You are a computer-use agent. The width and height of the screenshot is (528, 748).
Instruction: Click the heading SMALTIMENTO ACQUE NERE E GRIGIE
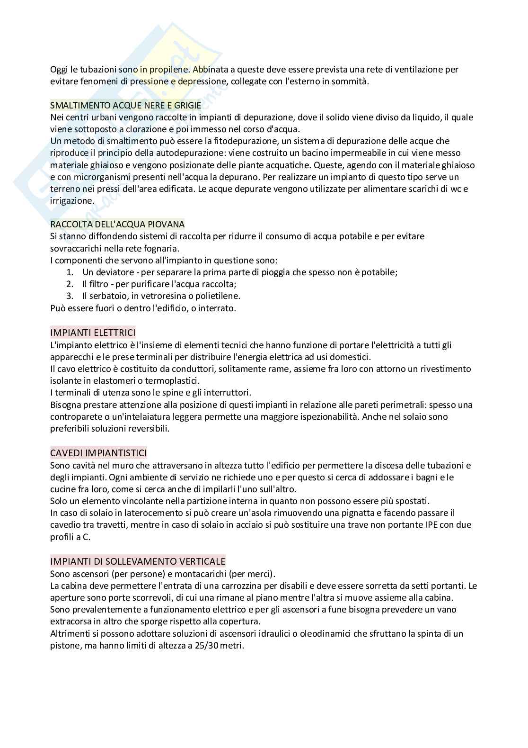[x=125, y=105]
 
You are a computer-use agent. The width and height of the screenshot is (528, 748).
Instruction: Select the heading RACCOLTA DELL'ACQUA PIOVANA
[x=117, y=224]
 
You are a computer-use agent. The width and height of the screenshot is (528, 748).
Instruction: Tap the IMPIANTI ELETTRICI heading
[x=93, y=333]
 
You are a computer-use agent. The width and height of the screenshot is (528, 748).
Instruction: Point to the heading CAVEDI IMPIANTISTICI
[x=98, y=453]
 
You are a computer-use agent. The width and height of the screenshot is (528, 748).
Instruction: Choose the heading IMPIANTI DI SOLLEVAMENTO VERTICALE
[x=138, y=561]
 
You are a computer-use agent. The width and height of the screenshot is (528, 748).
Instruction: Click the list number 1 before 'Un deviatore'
[x=70, y=272]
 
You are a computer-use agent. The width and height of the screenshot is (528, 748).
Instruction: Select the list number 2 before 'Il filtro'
[x=70, y=284]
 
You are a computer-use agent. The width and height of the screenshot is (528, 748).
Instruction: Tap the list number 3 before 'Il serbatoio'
[x=70, y=296]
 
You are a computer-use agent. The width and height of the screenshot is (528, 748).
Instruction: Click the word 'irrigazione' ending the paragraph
[x=71, y=201]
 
